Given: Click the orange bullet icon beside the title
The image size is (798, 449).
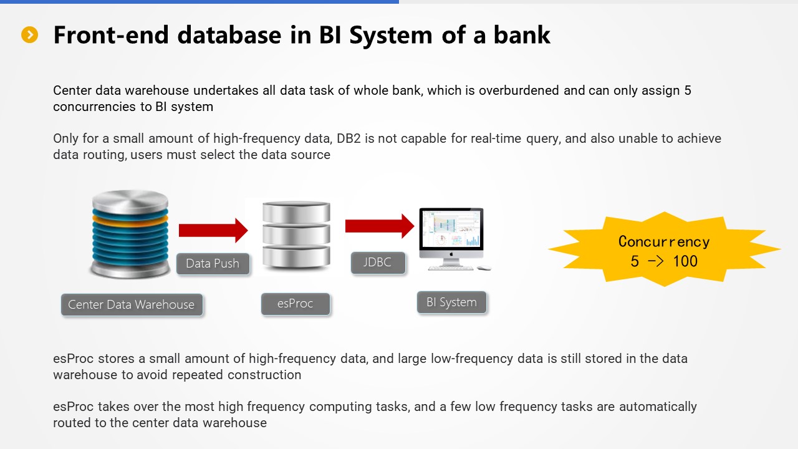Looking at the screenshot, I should tap(30, 35).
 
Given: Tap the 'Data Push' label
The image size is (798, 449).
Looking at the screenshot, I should tap(213, 263).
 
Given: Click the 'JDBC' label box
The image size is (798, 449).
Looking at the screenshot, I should tap(378, 262).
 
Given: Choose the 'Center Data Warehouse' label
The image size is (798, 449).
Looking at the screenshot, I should tap(132, 304).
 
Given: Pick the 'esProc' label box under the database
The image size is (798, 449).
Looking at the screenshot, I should tap(296, 304).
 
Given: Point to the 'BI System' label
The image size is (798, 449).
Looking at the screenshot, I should tap(451, 302).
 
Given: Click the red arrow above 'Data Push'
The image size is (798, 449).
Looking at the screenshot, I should tap(213, 230).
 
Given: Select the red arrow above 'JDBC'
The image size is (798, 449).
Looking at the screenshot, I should tap(379, 225).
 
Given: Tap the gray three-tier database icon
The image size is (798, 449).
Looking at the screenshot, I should tap(296, 234).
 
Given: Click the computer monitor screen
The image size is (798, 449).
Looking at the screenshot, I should tap(451, 229).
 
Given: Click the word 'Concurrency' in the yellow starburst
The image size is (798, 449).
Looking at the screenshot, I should tap(663, 242).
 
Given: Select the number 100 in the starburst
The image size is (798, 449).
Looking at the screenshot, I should tap(685, 261).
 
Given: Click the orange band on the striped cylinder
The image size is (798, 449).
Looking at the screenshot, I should tap(130, 220).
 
